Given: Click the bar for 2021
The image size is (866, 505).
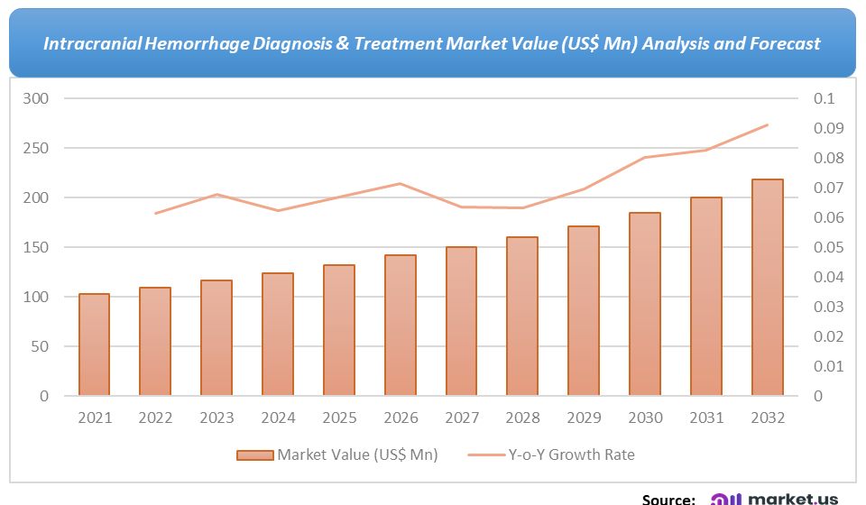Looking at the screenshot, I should tap(94, 344).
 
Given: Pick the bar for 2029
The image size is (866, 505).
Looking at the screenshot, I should tap(584, 310).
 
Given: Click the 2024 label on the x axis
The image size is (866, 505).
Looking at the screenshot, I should tap(278, 418).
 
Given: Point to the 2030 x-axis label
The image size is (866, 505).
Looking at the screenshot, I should tap(645, 418).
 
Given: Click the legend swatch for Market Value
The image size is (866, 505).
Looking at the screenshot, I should tap(254, 454).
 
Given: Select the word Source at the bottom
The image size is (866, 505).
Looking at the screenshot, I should tap(668, 498).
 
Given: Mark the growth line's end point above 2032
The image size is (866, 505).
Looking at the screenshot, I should tap(767, 125).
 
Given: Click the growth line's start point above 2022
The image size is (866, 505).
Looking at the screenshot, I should tap(155, 213).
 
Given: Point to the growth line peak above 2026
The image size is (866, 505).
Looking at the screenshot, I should tap(400, 184).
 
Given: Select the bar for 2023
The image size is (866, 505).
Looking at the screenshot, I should tap(216, 337).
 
